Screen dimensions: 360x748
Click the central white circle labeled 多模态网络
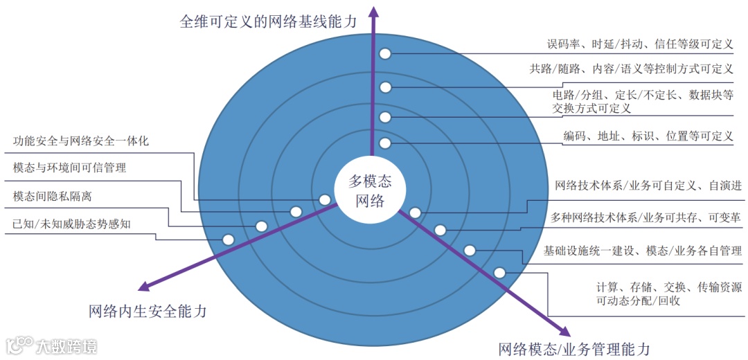pyautogui.click(x=369, y=191)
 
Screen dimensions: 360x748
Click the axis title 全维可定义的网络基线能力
pyautogui.click(x=269, y=21)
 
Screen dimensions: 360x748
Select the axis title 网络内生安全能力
pyautogui.click(x=148, y=311)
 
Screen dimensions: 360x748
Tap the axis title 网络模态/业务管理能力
pyautogui.click(x=574, y=348)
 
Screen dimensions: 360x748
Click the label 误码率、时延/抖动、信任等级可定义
pyautogui.click(x=639, y=44)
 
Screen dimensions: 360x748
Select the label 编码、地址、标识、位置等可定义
pyautogui.click(x=648, y=136)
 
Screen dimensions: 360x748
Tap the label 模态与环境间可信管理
pyautogui.click(x=69, y=168)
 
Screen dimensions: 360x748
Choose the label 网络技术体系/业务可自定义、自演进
pyautogui.click(x=648, y=186)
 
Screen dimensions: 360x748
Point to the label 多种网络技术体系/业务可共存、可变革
pyautogui.click(x=645, y=217)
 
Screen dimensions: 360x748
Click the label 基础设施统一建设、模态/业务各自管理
pyautogui.click(x=643, y=251)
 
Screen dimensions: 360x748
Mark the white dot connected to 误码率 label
pyautogui.click(x=386, y=54)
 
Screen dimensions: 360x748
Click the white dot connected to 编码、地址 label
pyautogui.click(x=386, y=143)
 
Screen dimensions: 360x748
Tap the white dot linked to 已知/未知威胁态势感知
pyautogui.click(x=228, y=240)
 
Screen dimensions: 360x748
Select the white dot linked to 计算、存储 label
pyautogui.click(x=499, y=273)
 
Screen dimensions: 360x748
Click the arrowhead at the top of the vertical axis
pyautogui.click(x=374, y=9)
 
